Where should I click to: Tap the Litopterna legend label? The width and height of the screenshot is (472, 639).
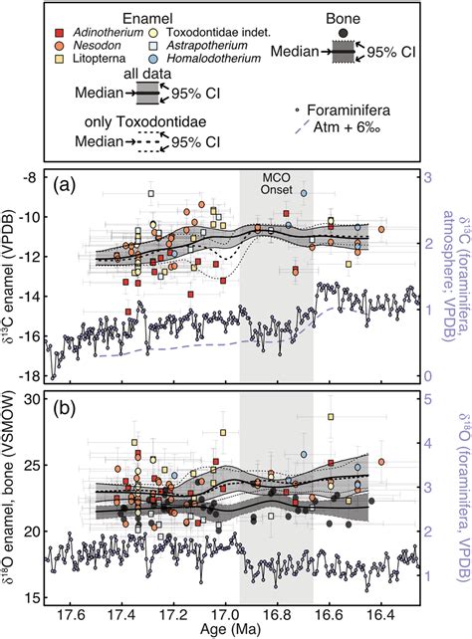coord(103,60)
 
